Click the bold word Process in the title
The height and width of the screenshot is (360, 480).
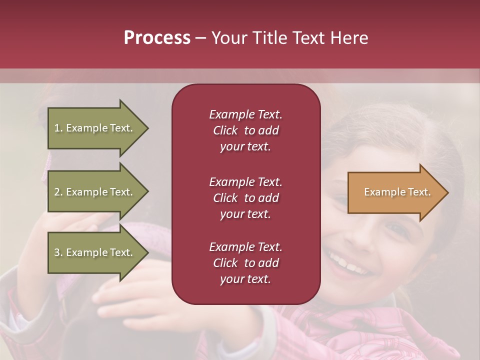click(x=157, y=38)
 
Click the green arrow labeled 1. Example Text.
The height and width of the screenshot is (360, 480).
click(x=95, y=128)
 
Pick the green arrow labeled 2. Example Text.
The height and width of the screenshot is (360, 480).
click(x=95, y=192)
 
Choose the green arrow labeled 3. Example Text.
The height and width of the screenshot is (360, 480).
click(x=95, y=252)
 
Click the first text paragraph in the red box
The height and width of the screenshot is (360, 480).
click(x=245, y=130)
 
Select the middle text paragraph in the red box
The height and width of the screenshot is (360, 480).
click(x=245, y=197)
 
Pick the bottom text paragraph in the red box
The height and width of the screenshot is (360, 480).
click(x=245, y=263)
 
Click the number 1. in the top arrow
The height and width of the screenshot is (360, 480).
click(x=58, y=128)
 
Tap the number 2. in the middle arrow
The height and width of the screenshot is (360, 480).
click(x=58, y=192)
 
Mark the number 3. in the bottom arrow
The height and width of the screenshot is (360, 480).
click(x=58, y=252)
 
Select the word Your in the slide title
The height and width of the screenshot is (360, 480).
click(x=228, y=38)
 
